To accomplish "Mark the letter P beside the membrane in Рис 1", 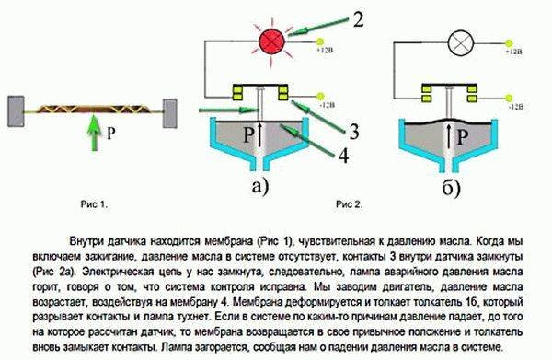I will [x=112, y=131].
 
